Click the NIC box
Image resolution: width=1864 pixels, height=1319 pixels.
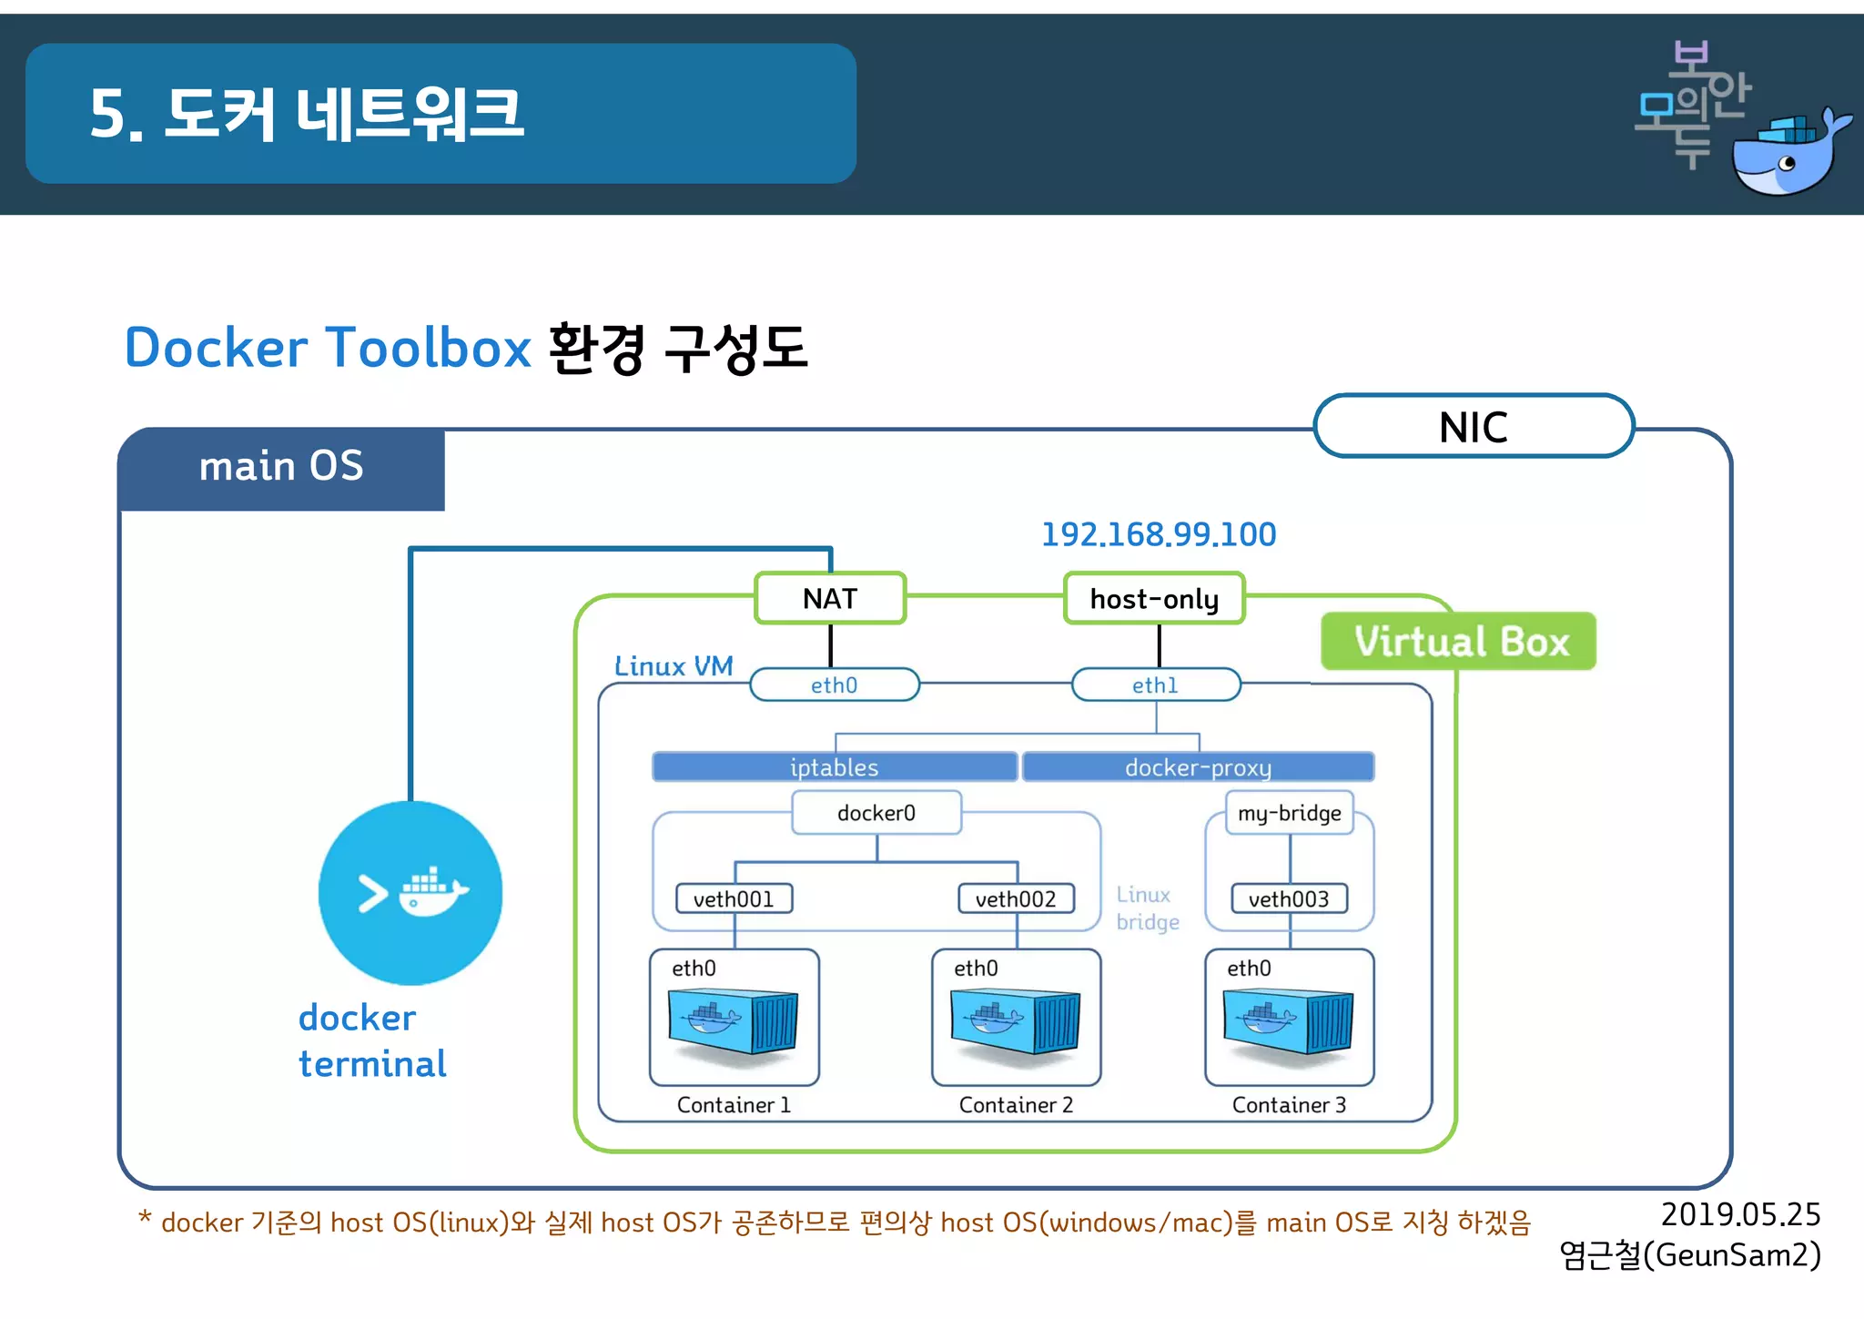(1474, 426)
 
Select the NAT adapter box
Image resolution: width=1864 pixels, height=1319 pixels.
(830, 598)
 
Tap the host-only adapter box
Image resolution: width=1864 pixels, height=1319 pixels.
(1154, 598)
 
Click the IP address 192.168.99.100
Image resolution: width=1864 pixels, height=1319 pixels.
(1159, 534)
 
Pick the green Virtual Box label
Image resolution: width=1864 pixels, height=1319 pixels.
(1459, 642)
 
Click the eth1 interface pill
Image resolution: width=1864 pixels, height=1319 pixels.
(1156, 685)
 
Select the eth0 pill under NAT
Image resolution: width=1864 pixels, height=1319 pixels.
(834, 685)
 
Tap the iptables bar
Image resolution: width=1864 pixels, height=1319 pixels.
(835, 766)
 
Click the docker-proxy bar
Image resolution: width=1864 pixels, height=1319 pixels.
(1198, 766)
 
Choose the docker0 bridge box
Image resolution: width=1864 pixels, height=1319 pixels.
(876, 812)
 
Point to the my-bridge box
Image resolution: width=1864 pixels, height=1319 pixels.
(1290, 812)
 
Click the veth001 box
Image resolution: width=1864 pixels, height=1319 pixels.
(734, 898)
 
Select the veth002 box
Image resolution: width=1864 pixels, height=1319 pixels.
(1016, 898)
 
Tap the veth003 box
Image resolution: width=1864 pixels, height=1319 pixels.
(1289, 898)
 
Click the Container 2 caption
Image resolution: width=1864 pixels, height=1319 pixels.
(1016, 1104)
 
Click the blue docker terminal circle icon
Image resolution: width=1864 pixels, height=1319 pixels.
(410, 892)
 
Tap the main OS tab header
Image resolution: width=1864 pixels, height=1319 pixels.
(281, 467)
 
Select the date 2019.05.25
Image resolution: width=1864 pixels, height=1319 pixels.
(1740, 1214)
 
